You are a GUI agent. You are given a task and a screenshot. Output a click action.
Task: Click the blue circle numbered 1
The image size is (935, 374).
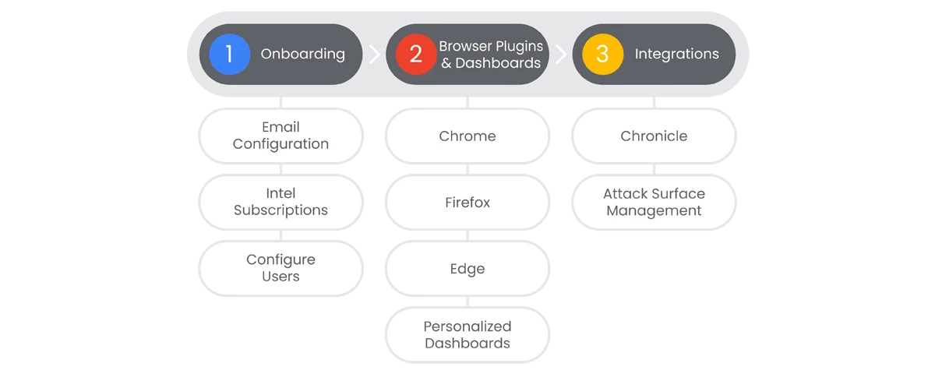pos(229,55)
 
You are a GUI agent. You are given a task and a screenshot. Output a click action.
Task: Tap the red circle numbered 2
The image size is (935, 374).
pos(416,55)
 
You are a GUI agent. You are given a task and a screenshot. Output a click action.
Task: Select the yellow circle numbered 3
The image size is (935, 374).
pos(602,55)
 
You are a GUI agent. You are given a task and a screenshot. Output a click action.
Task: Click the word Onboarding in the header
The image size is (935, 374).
pos(302,55)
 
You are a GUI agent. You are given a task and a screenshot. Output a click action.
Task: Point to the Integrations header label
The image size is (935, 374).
pos(676,55)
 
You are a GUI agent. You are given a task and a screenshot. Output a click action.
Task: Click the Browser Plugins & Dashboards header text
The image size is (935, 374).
pos(491,55)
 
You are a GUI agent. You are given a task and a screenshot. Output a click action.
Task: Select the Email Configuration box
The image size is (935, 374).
pos(281,136)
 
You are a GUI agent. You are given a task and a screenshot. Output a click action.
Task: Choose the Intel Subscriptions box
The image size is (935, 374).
pos(281,202)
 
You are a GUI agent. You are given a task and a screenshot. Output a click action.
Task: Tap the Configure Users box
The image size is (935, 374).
pos(281,268)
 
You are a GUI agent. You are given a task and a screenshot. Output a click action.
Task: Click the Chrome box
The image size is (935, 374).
pos(467,136)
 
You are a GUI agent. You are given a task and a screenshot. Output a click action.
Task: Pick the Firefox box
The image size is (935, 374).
pos(467,202)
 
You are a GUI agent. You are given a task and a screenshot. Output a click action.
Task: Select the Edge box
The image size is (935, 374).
pos(467,268)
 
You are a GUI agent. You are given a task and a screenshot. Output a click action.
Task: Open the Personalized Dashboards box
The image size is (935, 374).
pos(467,335)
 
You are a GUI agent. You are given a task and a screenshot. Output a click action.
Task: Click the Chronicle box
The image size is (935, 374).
pos(654,136)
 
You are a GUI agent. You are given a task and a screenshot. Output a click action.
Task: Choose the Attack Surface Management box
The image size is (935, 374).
pos(654,202)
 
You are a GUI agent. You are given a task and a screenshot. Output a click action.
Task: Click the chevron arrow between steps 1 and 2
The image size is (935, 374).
pos(375,55)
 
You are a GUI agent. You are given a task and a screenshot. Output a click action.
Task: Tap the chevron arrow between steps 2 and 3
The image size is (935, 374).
pos(561,55)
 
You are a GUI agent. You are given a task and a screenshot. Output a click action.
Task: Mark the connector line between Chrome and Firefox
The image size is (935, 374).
pos(467,169)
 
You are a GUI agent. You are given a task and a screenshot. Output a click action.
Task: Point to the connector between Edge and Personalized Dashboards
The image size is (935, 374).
pos(467,302)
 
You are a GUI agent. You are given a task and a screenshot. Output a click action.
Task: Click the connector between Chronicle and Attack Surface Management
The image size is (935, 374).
pos(654,169)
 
